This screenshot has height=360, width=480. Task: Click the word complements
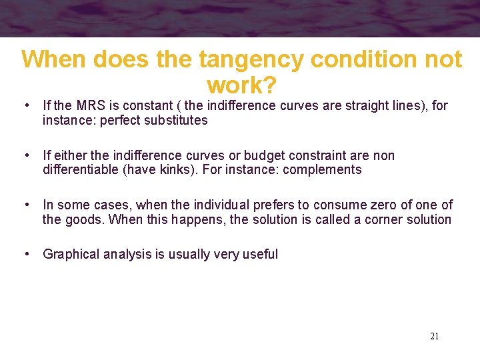322,170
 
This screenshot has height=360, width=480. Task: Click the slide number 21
434,337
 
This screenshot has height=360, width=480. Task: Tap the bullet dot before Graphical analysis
25,254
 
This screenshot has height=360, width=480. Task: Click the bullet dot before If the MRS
25,105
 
